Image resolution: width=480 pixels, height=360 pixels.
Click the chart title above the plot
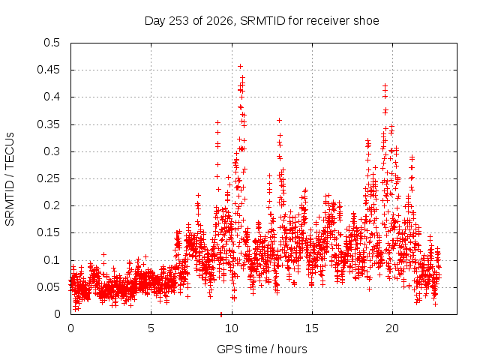pos(262,21)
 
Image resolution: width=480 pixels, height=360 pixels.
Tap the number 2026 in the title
pos(220,21)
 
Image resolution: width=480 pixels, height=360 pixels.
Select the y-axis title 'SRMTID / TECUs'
pos(10,179)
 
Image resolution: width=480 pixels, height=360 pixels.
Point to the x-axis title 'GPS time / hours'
pos(262,349)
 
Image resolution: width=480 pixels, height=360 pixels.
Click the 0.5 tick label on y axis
pos(52,43)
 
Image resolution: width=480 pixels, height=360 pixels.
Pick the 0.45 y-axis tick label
pos(48,70)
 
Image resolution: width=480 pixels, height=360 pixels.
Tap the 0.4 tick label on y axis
pos(52,97)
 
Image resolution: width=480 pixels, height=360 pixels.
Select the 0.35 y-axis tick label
pos(48,124)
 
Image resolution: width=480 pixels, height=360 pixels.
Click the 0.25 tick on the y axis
pos(48,178)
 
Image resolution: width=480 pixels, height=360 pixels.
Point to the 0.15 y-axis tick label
pos(48,232)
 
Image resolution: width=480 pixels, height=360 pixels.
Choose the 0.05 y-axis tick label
pos(48,287)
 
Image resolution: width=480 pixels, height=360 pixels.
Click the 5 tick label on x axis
pos(151,328)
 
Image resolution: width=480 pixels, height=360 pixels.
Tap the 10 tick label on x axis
pos(232,328)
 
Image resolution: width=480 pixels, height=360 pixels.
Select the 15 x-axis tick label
pos(312,328)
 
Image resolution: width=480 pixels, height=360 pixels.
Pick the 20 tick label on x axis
pos(392,328)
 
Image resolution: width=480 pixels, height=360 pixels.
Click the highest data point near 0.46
pos(240,67)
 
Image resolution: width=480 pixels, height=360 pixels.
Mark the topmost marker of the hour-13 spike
pos(279,121)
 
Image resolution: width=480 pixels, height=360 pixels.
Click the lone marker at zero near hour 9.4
pos(221,314)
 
